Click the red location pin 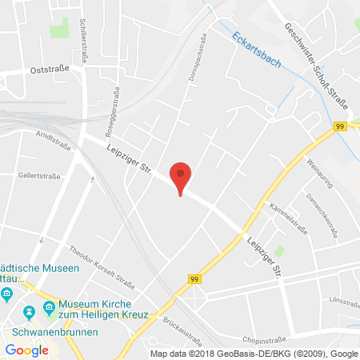[182, 175]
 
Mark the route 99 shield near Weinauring [339, 126]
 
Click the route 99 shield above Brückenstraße [194, 279]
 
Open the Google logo [26, 350]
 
